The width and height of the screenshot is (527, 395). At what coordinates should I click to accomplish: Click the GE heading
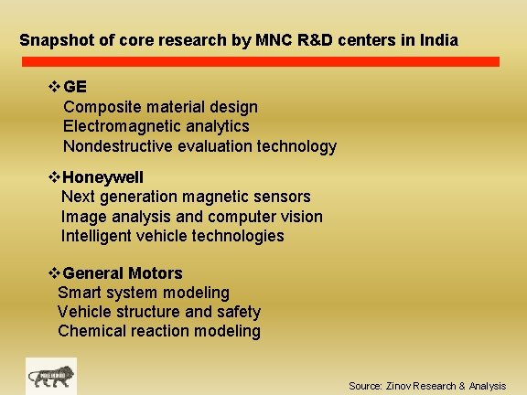76,87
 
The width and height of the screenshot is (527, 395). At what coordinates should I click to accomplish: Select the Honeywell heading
103,176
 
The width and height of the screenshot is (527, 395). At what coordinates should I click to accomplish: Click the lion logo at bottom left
51,377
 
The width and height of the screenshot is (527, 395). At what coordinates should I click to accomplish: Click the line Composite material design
160,107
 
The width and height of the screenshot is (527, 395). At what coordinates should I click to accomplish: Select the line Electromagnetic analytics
156,126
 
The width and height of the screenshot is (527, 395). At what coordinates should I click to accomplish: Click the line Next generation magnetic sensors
186,197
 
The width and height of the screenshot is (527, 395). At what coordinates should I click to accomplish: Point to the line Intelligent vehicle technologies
172,236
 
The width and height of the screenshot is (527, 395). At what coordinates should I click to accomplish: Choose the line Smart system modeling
144,293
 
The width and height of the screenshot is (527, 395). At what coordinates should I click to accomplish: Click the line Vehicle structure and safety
159,312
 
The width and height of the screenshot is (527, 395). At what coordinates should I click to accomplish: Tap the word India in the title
439,41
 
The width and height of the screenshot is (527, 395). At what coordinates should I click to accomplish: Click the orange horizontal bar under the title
274,62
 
